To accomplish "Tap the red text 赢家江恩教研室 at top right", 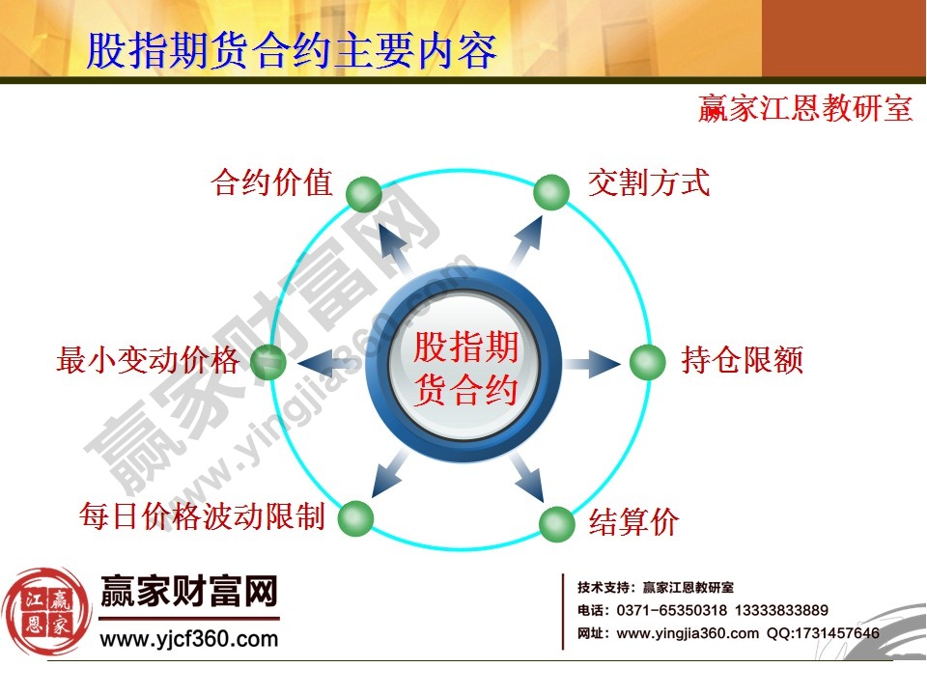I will pos(805,108).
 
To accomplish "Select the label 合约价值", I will pos(271,182).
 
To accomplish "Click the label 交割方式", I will pos(649,182).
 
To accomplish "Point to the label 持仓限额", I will pos(742,361).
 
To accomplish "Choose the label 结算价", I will pos(634,523).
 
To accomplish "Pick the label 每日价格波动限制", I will pos(201,517).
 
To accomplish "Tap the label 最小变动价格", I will pos(147,361).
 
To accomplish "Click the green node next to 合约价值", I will pos(364,195).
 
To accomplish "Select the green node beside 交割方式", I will pos(551,192).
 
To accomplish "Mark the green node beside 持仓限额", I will pos(648,363).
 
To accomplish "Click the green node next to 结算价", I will pos(556,524).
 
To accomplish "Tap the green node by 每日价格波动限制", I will pos(355,517).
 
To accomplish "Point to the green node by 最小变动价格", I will pos(267,362).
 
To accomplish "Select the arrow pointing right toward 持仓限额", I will pos(591,364).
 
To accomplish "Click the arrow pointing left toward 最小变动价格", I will pos(326,363).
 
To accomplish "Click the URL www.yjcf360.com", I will pos(188,638).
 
